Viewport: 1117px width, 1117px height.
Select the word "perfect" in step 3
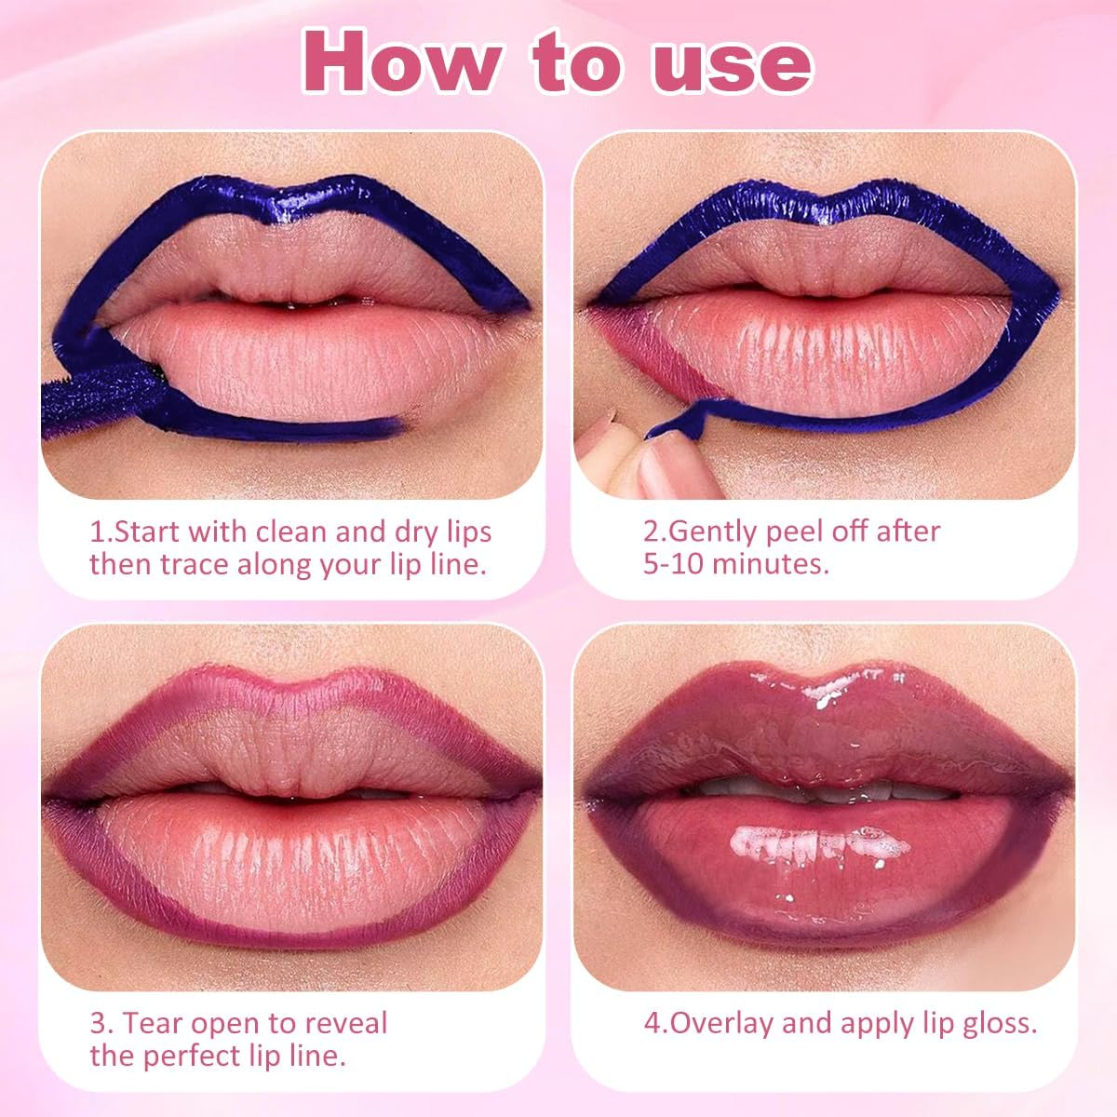[x=221, y=1056]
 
